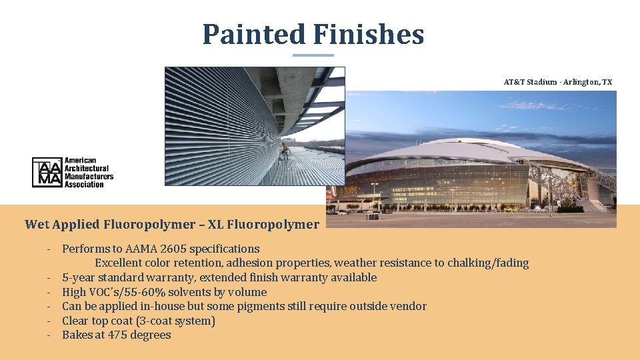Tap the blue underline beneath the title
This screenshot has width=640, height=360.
[x=313, y=55]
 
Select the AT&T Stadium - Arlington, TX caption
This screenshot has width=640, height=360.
[x=557, y=82]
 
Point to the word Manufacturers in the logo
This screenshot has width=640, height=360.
[x=89, y=177]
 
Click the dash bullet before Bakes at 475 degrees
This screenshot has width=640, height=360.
[x=49, y=335]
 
